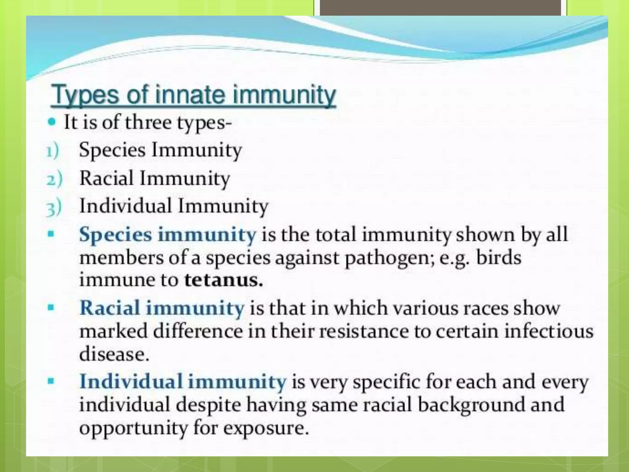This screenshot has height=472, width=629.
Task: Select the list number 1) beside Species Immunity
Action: [x=53, y=151]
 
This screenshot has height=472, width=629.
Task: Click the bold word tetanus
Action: [x=223, y=280]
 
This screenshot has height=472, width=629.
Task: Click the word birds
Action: [x=498, y=258]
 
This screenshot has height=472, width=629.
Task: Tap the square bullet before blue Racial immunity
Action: [x=51, y=307]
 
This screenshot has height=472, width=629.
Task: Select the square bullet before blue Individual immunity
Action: [x=51, y=382]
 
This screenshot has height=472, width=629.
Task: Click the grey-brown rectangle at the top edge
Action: [x=440, y=7]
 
